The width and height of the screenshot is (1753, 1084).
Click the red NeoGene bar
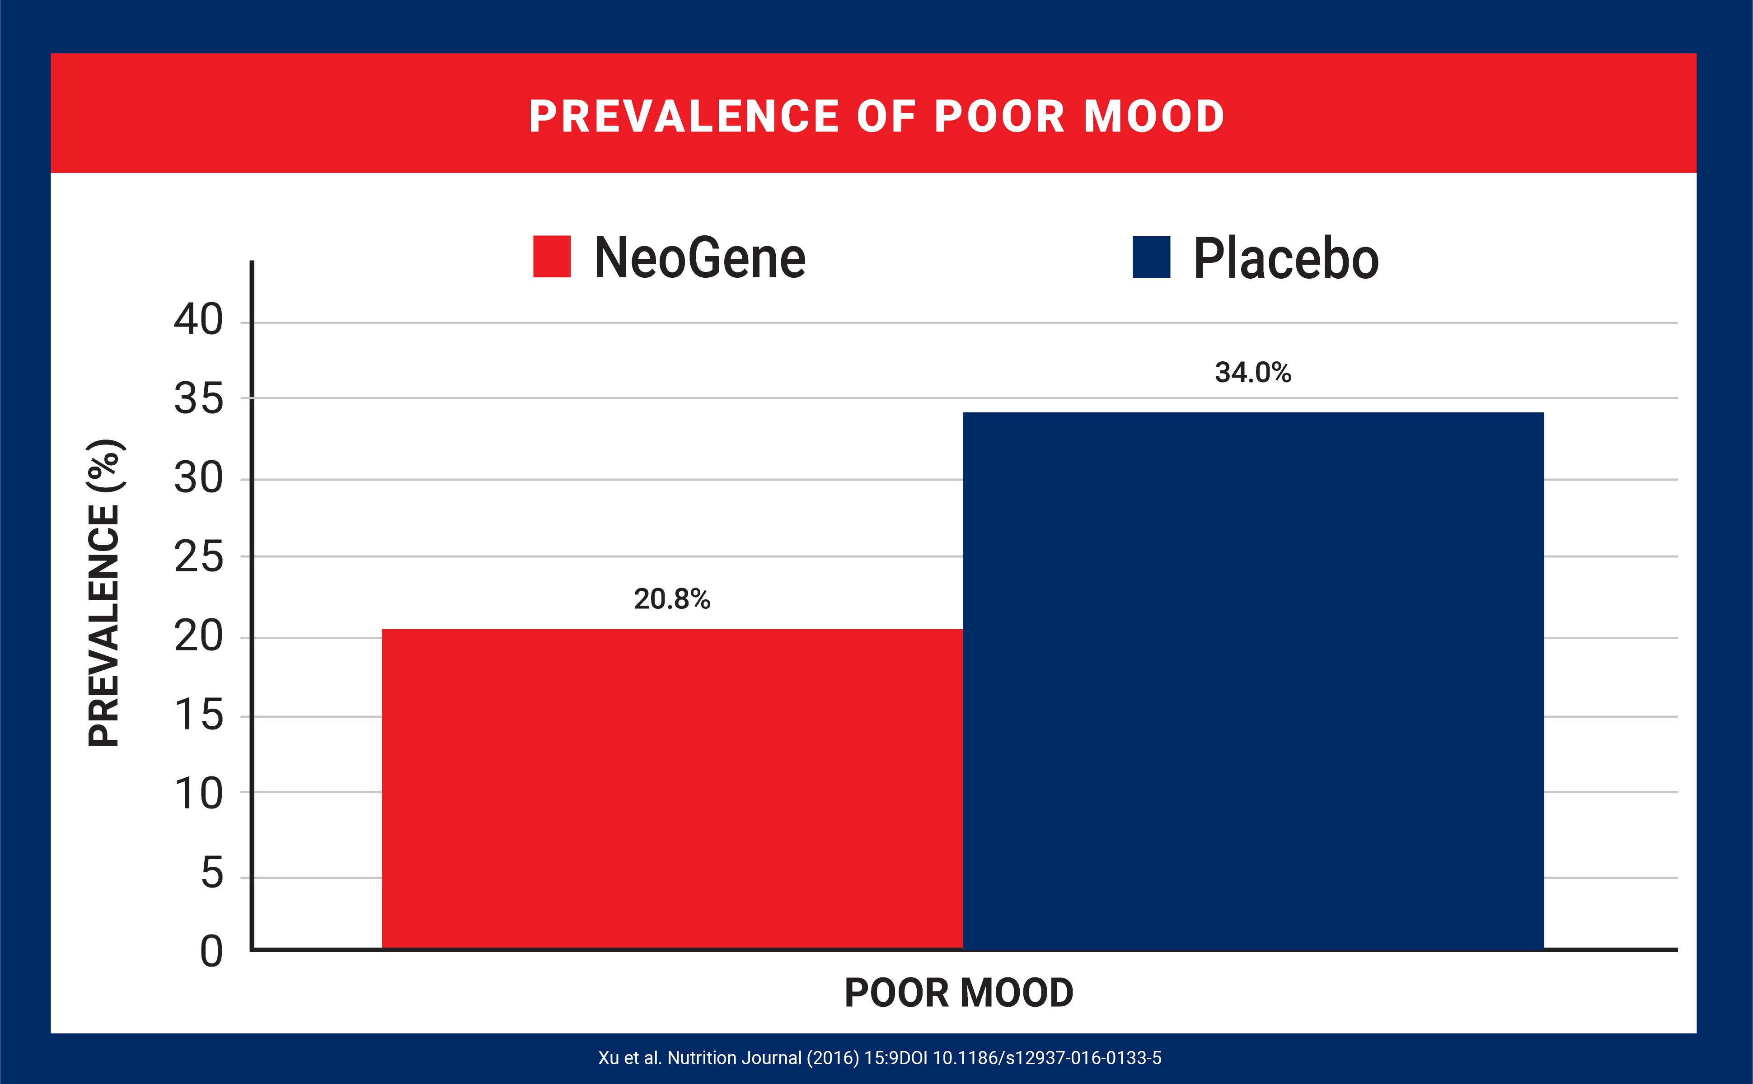pos(672,789)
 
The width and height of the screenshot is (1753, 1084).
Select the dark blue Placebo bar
pos(1252,681)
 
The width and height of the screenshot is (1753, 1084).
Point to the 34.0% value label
pos(1252,373)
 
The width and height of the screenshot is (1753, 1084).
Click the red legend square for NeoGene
pos(551,257)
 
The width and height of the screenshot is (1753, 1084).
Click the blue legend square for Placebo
pos(1151,257)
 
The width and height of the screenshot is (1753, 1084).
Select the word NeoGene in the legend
pos(700,258)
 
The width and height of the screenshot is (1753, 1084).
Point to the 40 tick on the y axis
pos(199,320)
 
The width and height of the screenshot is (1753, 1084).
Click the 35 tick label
pos(199,399)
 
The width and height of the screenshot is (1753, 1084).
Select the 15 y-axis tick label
pos(199,715)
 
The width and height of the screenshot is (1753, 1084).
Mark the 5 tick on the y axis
pos(211,873)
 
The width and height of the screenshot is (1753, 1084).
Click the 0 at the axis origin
pos(211,952)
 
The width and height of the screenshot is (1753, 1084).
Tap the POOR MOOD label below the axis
pos(959,993)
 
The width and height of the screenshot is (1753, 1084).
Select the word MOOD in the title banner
pos(1153,116)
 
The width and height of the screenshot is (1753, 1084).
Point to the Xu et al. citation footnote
pos(880,1057)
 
